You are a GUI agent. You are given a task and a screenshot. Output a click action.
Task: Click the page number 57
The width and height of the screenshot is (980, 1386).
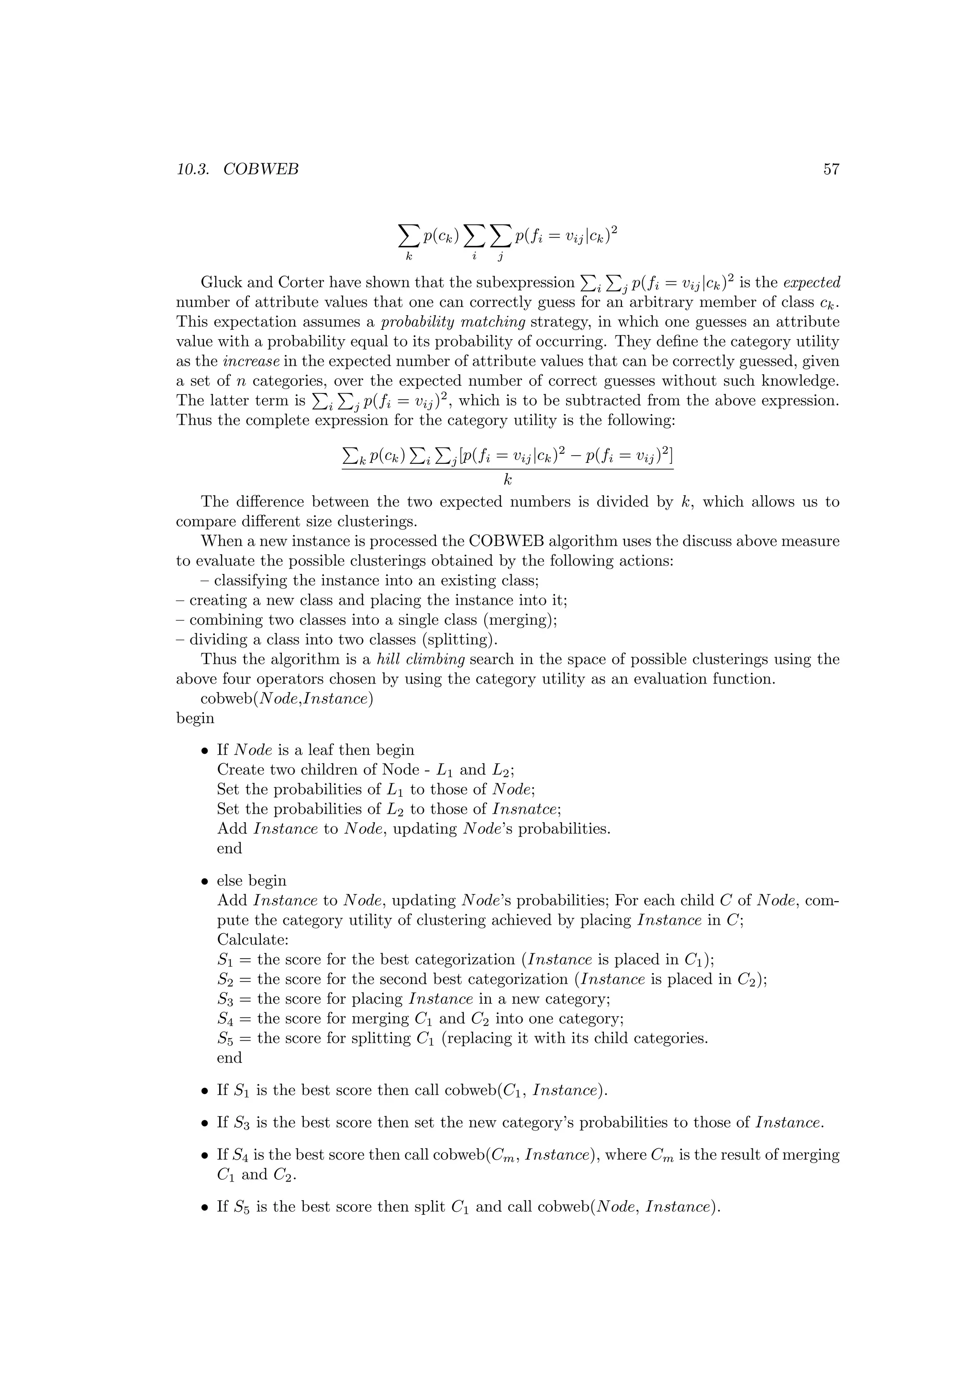click(x=831, y=169)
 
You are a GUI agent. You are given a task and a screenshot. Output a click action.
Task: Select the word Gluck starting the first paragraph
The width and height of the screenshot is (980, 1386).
click(x=219, y=282)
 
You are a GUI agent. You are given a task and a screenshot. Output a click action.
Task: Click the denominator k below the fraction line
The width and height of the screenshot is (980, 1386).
click(x=508, y=480)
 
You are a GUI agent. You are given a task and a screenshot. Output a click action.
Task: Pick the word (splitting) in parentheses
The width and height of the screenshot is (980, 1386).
click(x=463, y=639)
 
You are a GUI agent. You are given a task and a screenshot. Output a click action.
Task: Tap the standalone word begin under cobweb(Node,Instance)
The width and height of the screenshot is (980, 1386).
click(x=195, y=718)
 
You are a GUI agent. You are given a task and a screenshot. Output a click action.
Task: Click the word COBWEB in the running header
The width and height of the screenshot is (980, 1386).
click(x=261, y=169)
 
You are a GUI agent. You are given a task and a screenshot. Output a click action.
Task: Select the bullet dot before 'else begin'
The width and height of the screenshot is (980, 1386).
click(x=205, y=882)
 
